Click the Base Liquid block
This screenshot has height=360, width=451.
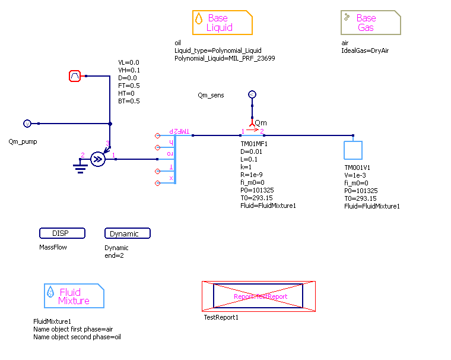coord(223,23)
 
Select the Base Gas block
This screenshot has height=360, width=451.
coord(371,23)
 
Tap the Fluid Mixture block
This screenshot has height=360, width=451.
coord(74,296)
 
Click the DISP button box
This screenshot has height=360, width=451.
coord(62,233)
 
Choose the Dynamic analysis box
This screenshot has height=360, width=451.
coord(127,233)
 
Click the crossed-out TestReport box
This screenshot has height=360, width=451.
coord(259,296)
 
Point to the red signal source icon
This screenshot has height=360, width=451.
coord(75,76)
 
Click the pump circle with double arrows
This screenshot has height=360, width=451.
coord(99,159)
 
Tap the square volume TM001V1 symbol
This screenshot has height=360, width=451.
coord(354,149)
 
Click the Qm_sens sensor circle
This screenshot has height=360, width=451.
coord(252,94)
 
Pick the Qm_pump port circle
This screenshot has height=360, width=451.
coord(27,124)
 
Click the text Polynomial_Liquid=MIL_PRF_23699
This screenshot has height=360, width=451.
coord(224,58)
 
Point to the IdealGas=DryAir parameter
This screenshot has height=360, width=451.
coord(365,50)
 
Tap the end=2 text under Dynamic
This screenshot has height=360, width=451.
coord(115,255)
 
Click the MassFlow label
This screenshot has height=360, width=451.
coord(53,247)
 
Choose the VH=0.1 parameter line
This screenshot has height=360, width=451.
coord(129,70)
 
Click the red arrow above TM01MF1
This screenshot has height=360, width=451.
coord(252,129)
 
